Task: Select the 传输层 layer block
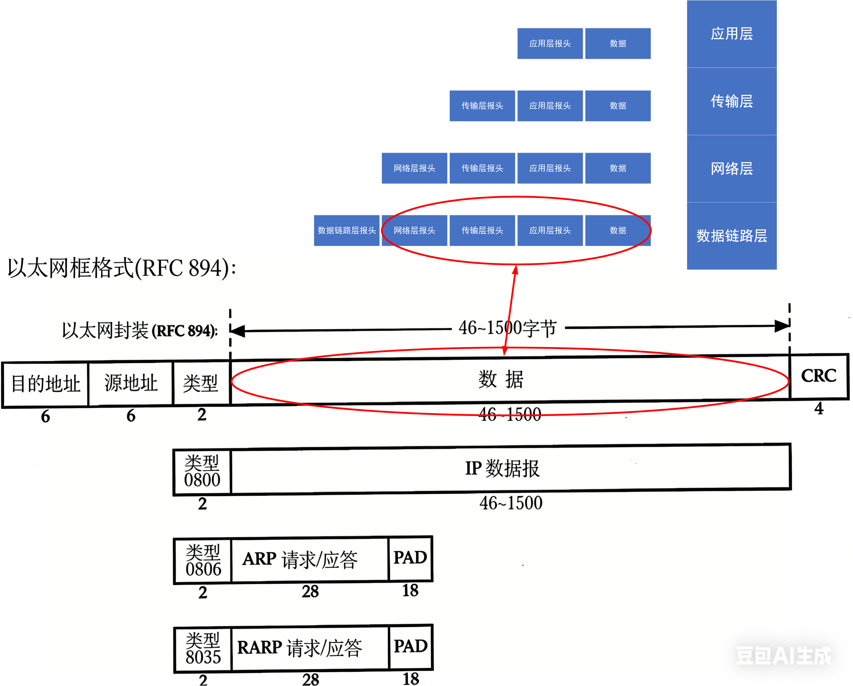(731, 101)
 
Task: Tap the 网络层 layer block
(731, 168)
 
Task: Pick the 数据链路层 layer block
(731, 236)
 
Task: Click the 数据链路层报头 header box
(347, 230)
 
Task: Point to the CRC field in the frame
(819, 376)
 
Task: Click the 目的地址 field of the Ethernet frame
(45, 384)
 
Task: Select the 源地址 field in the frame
(130, 383)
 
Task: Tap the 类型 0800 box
(202, 471)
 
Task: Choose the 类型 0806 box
(203, 561)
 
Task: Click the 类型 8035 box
(203, 648)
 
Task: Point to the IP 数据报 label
(502, 469)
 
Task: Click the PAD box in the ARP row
(410, 558)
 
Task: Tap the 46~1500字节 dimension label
(507, 328)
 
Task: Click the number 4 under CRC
(819, 408)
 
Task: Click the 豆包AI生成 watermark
(783, 655)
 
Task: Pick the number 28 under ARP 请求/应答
(310, 592)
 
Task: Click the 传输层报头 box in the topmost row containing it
(482, 106)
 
